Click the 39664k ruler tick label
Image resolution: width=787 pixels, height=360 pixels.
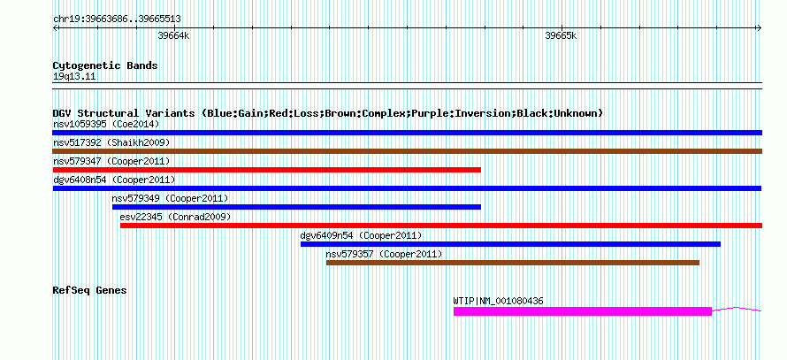point(173,35)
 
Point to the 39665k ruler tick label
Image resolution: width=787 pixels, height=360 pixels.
point(561,35)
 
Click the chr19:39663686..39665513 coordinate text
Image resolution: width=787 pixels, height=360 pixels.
point(117,19)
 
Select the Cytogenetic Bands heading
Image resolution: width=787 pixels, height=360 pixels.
point(105,65)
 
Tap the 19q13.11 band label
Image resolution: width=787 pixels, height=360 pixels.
point(74,77)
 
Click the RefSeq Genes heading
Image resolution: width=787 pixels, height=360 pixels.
point(89,290)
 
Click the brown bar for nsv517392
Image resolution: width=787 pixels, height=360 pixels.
point(407,151)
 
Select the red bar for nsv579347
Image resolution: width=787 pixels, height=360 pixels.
point(266,170)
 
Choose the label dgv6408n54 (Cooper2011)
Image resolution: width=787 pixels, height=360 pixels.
point(114,180)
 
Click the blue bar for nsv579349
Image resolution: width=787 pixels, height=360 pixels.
point(296,207)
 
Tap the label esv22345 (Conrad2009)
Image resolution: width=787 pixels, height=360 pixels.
point(175,217)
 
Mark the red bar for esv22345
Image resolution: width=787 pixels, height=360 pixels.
point(441,226)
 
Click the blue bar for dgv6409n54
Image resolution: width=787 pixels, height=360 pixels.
point(510,244)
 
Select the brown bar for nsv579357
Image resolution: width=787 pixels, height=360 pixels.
point(513,263)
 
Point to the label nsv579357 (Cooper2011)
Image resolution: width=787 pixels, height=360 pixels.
point(384,254)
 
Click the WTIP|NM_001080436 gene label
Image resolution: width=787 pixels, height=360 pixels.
point(498,302)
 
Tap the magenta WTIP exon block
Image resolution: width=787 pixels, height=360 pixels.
point(583,311)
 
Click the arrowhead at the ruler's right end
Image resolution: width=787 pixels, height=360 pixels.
point(760,27)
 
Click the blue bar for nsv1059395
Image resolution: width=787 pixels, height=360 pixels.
point(407,133)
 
